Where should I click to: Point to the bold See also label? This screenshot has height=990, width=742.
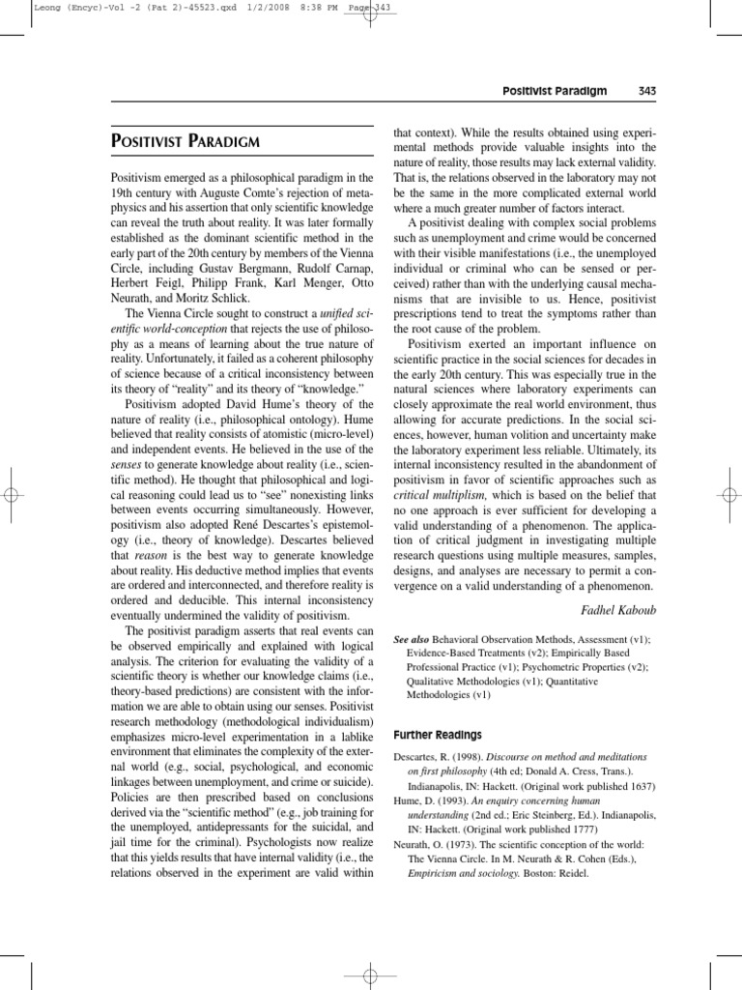(415, 640)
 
